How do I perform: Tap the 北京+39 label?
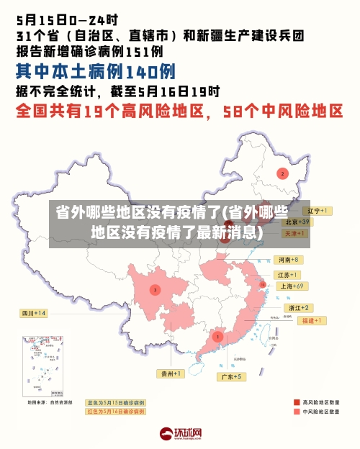294,222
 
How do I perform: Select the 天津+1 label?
295,234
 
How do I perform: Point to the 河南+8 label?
289,260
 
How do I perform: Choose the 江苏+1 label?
289,276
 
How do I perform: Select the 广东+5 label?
233,376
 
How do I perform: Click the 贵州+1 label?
171,373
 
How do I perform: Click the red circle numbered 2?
282,173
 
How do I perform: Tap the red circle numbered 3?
155,289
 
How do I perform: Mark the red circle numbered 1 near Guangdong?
217,336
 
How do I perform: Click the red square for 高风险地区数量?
297,402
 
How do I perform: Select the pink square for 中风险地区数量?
297,412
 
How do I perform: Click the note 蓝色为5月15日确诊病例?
115,402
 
